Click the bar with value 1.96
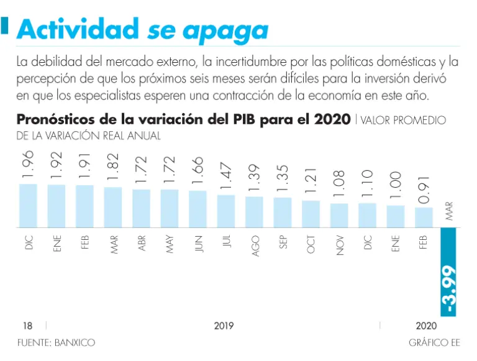28,206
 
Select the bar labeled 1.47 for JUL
226,211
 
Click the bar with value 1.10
367,215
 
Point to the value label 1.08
339,181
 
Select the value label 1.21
311,179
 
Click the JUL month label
226,242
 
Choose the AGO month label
255,244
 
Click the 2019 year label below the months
224,326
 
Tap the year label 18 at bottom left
27,326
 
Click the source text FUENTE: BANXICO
57,342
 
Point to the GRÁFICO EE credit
434,342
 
